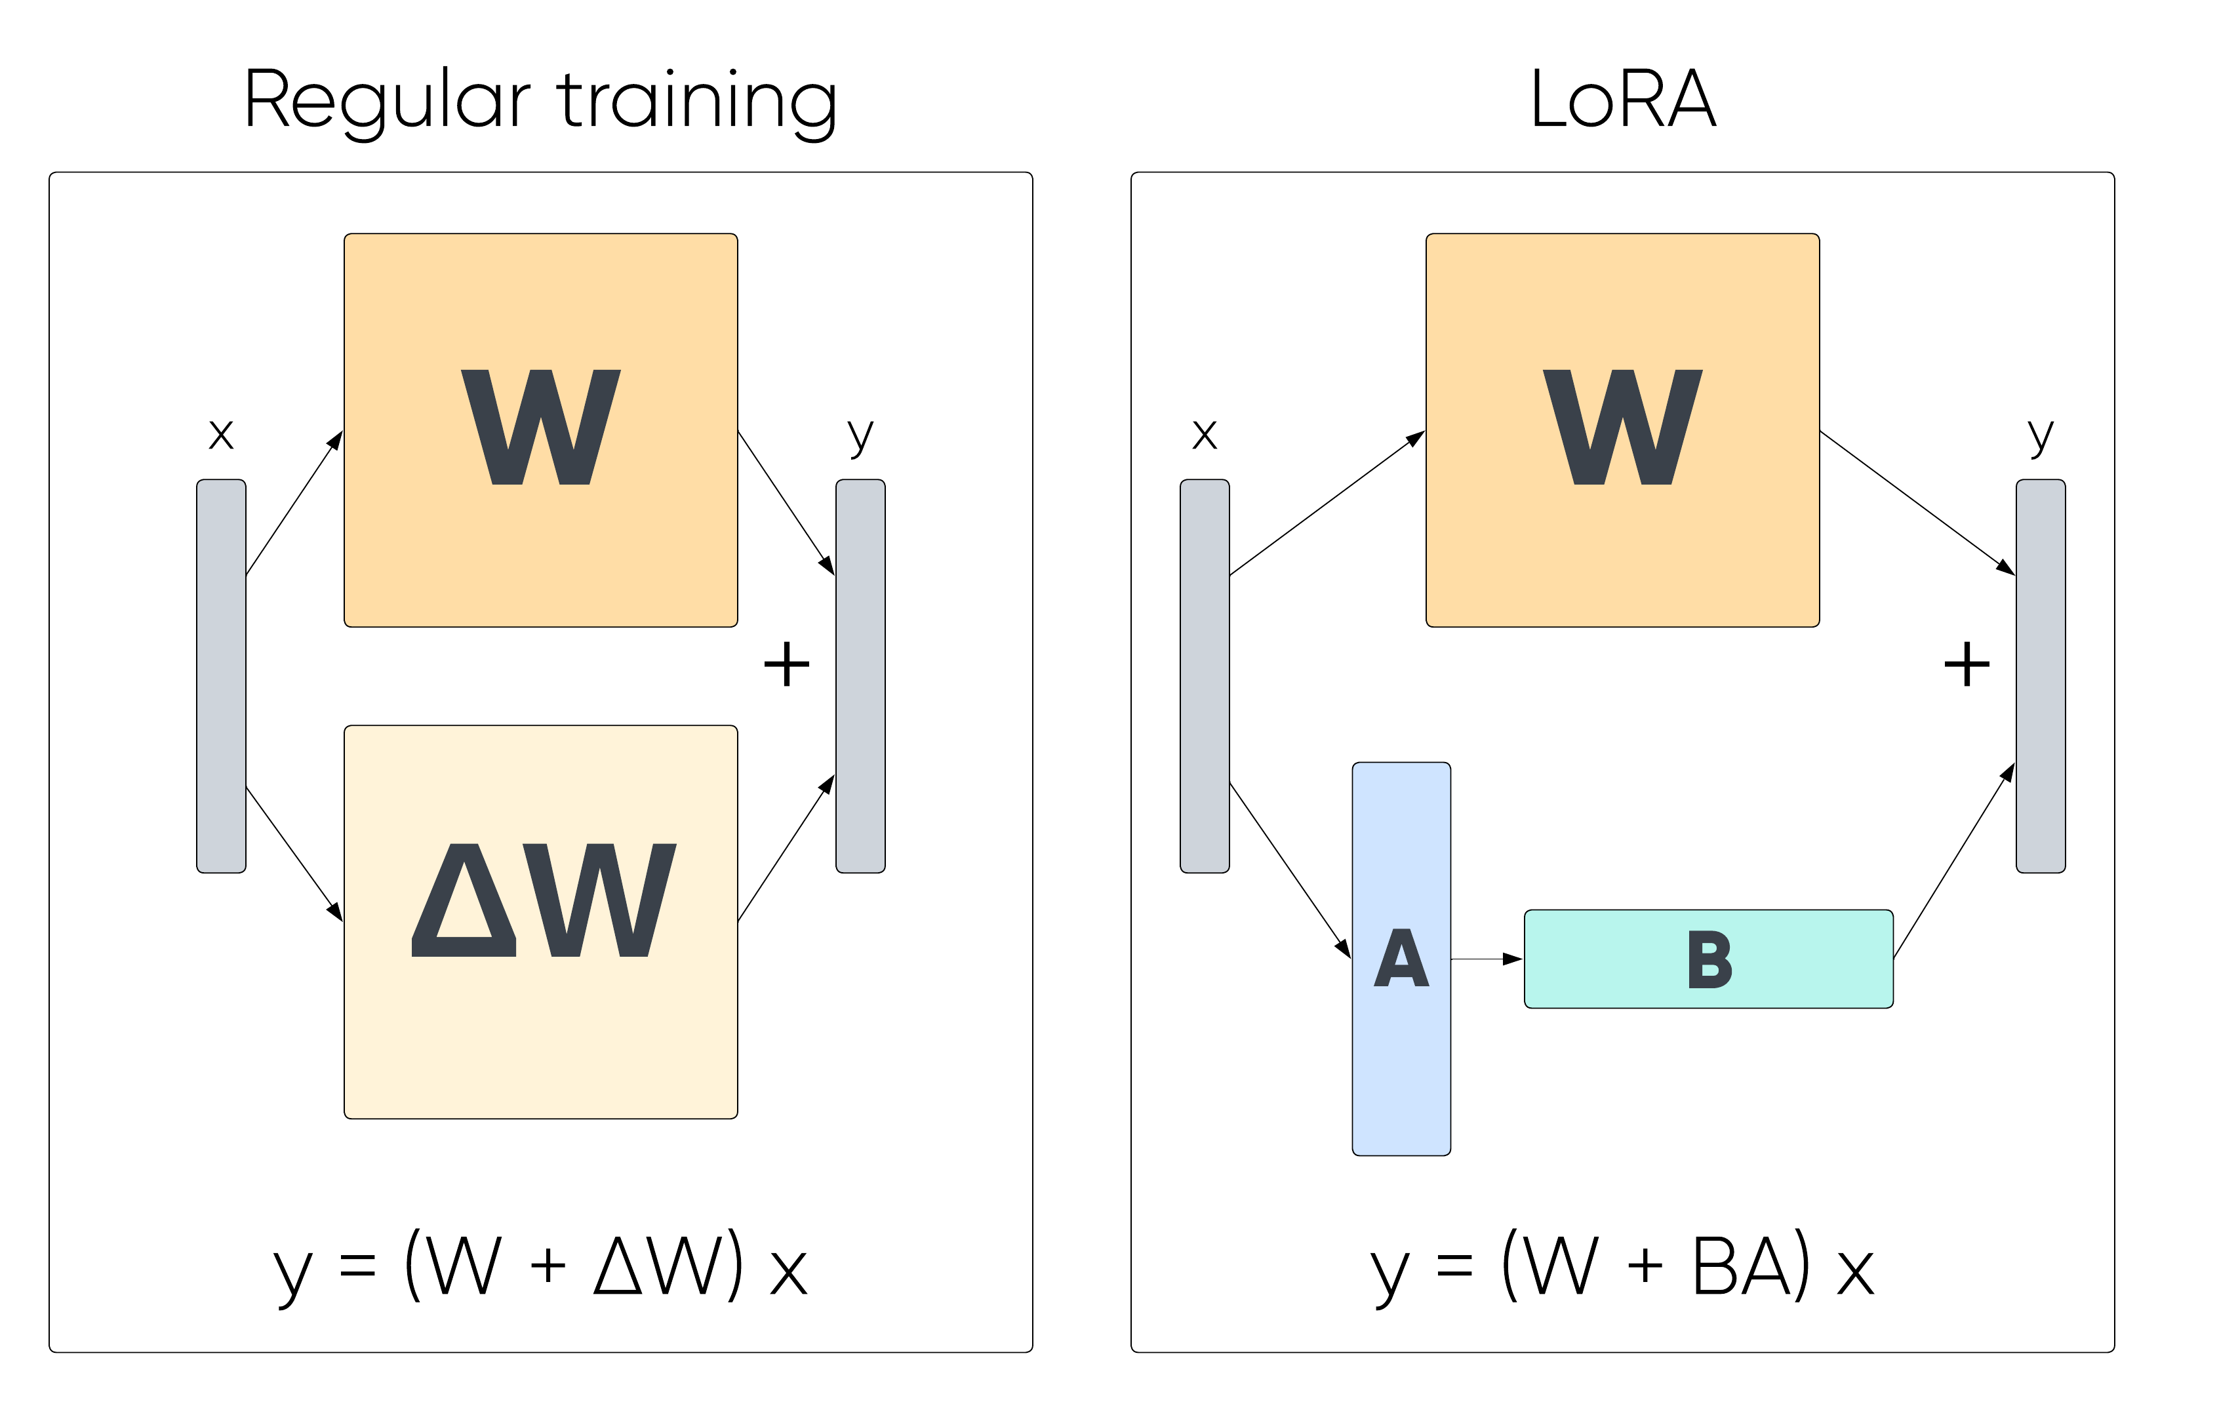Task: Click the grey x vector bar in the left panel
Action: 220,676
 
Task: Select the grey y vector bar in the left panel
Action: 860,676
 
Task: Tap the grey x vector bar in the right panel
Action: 1205,676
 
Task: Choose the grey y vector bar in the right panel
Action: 2041,676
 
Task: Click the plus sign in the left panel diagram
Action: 786,664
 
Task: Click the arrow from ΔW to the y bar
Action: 786,849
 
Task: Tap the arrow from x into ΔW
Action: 294,854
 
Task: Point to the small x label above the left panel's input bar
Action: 220,434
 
